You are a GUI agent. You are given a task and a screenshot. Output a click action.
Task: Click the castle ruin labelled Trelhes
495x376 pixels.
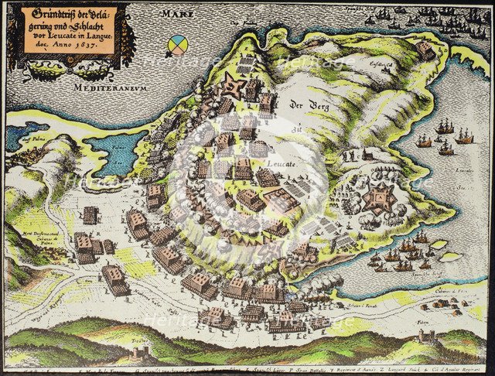click(141, 353)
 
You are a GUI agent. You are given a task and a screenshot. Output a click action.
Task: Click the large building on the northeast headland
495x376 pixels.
click(425, 50)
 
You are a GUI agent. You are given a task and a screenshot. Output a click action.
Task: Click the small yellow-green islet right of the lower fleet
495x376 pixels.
click(439, 245)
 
